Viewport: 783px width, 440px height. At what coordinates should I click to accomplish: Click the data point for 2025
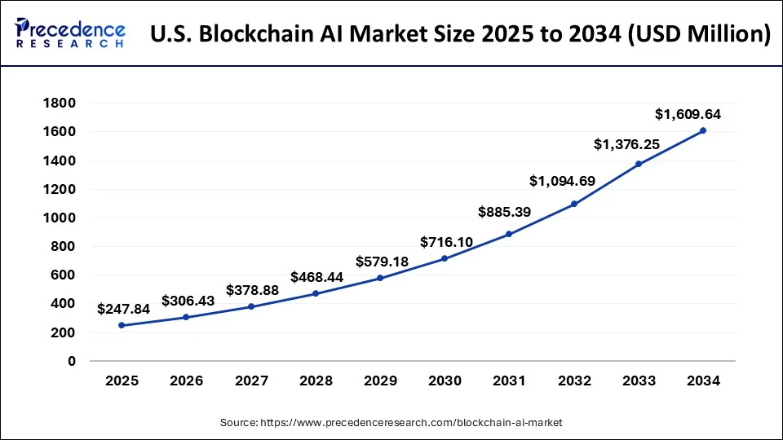point(122,325)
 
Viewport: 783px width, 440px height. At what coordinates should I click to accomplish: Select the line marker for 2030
point(445,258)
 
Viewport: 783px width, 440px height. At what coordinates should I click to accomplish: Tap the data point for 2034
point(703,130)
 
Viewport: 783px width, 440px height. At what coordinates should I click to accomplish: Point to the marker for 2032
point(573,204)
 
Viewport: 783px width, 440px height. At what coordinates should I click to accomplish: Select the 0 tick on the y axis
point(72,361)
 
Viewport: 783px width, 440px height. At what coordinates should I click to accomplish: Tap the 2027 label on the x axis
point(250,381)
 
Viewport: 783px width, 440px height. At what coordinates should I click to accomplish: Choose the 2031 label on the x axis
point(509,381)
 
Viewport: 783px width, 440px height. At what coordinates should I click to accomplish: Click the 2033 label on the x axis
point(639,381)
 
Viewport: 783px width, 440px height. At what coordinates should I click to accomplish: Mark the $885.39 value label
point(506,213)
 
